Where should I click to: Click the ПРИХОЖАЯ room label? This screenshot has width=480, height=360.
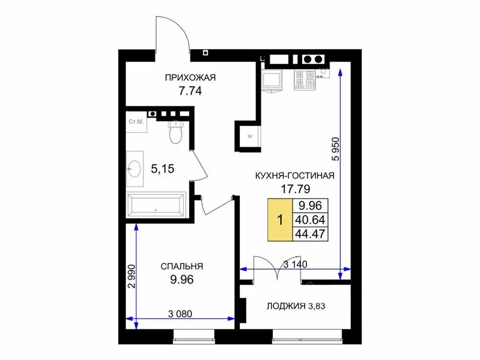coord(190,77)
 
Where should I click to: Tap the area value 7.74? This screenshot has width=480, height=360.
coord(190,91)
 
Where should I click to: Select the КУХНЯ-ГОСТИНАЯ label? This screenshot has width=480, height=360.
coord(295,176)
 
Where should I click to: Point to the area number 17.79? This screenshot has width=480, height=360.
coord(295,189)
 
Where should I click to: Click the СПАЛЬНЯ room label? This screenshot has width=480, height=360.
coord(182,266)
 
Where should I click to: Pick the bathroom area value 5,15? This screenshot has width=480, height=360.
coord(163,169)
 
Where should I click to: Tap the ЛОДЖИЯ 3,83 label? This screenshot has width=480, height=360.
coord(296,306)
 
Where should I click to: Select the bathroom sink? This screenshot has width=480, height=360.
coord(135,169)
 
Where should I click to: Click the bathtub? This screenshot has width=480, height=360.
coord(156,205)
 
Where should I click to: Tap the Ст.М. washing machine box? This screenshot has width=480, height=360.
coord(136,122)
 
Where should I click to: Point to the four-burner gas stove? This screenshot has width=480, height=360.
coord(305,80)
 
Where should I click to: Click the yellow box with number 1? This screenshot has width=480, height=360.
coord(280,220)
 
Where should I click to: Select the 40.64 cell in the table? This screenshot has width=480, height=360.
coord(310,220)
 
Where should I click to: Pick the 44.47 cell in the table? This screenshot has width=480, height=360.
coord(310,234)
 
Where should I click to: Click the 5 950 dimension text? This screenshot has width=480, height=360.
coord(336,149)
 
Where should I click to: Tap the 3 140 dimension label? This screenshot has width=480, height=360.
coord(295,264)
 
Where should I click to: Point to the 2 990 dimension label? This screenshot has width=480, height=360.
coord(131,276)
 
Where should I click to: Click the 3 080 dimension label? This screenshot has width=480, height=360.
coord(180,314)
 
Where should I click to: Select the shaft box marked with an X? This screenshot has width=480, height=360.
coord(248,136)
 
